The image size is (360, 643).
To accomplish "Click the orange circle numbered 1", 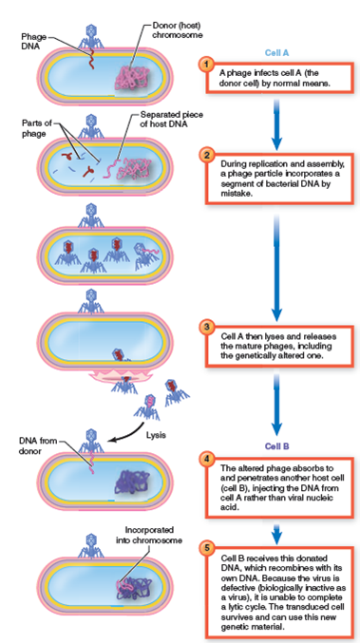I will pyautogui.click(x=204, y=65).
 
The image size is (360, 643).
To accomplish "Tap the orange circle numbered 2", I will pyautogui.click(x=204, y=152).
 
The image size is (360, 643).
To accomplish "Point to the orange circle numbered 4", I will pyautogui.click(x=204, y=459).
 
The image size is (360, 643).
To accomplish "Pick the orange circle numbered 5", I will pyautogui.click(x=204, y=547).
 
